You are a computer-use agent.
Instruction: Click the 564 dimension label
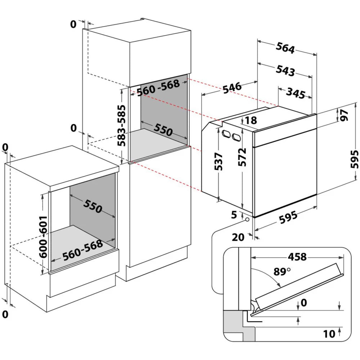pyautogui.click(x=285, y=48)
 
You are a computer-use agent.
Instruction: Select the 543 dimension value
pyautogui.click(x=285, y=70)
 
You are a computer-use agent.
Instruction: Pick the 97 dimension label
pyautogui.click(x=345, y=115)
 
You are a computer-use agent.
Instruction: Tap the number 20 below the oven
pyautogui.click(x=238, y=237)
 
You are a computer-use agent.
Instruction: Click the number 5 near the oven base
pyautogui.click(x=234, y=215)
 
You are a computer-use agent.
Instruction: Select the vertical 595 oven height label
pyautogui.click(x=355, y=159)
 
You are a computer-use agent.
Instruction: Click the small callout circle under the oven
pyautogui.click(x=247, y=219)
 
